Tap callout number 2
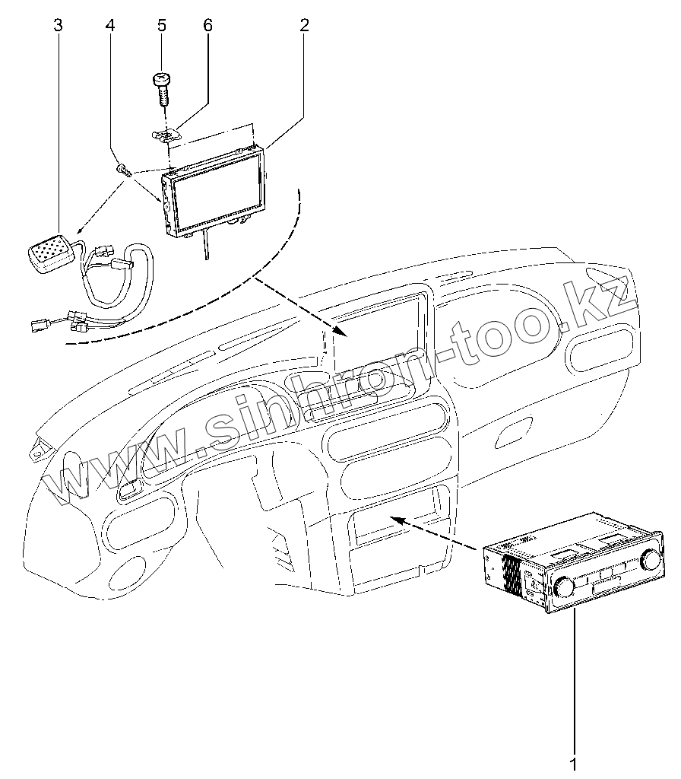304,25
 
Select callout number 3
59,25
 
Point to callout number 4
111,25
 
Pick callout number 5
161,25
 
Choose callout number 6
207,25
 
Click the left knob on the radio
565,587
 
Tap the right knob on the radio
650,560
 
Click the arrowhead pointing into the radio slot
397,520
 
